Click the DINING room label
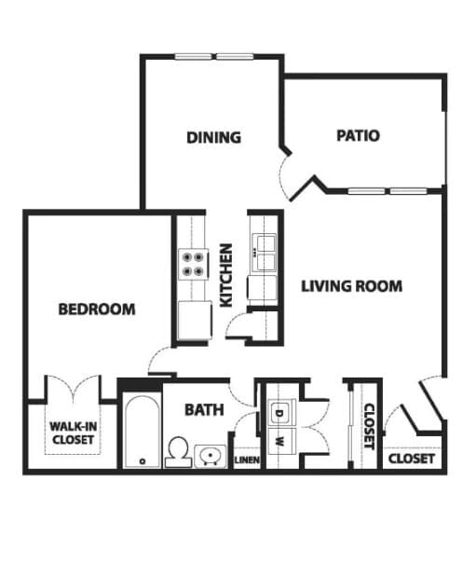pos(213,137)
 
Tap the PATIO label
pos(358,136)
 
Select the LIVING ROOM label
pos(352,285)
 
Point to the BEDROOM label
pos(97,309)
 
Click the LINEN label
pos(246,459)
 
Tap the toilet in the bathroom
pos(177,452)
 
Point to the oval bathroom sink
pos(211,456)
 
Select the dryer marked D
pos(279,411)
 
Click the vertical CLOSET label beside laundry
pos(368,426)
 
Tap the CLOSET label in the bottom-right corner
pos(411,459)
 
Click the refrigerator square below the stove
pos(194,320)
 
